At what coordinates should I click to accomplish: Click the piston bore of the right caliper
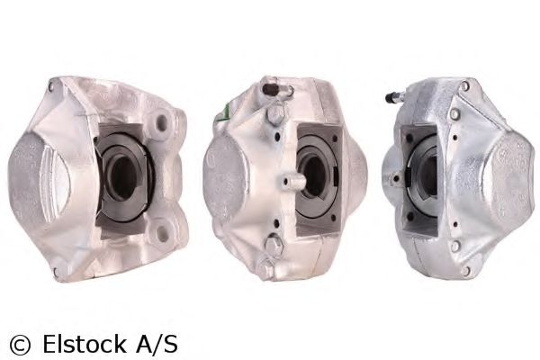click(x=426, y=173)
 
